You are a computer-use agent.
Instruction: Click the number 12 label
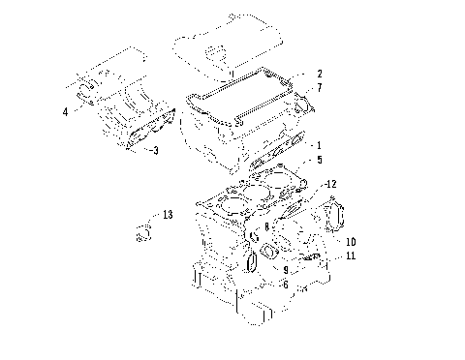click(330, 183)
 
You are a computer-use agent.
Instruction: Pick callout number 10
click(350, 241)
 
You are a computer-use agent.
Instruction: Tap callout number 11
click(350, 255)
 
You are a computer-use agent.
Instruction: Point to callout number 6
click(285, 284)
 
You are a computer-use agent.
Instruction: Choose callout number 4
click(66, 112)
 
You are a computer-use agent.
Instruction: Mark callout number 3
click(154, 150)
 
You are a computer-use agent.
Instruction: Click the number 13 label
click(168, 214)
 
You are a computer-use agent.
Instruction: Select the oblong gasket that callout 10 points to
click(336, 214)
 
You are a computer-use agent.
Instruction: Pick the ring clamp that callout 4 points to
click(89, 92)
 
